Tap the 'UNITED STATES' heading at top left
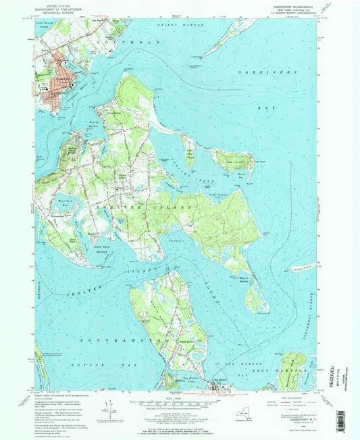coord(55,5)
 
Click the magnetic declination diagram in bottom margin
coord(109,410)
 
